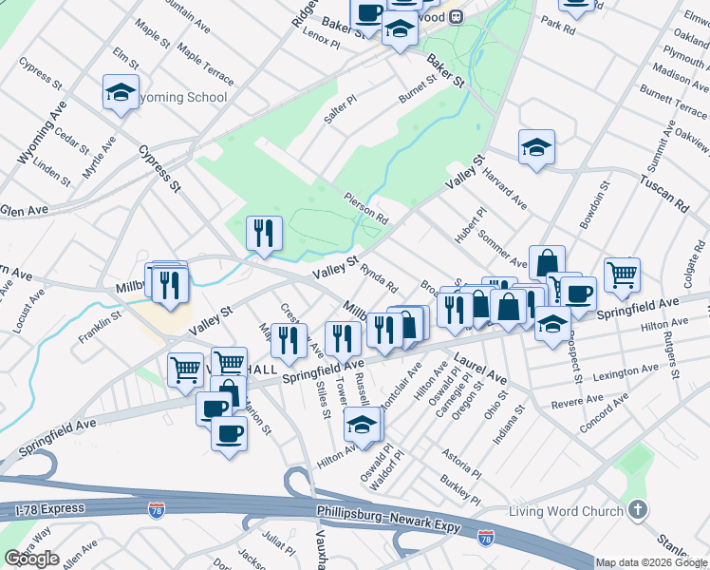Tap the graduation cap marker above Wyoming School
[x=121, y=93]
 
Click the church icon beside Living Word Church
[x=638, y=511]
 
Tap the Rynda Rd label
[x=379, y=279]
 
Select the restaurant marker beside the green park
[x=264, y=234]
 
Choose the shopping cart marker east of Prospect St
[x=622, y=275]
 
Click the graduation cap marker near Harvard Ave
[x=536, y=147]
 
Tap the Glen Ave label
[x=24, y=210]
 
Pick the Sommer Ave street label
[x=503, y=248]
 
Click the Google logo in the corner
[x=31, y=559]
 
